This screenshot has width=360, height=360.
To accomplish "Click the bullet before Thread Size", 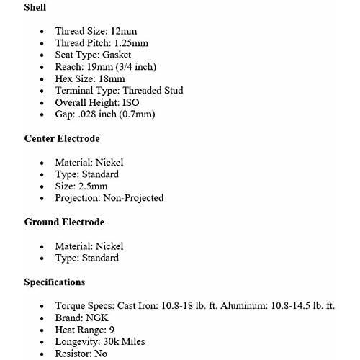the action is pyautogui.click(x=43, y=32).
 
